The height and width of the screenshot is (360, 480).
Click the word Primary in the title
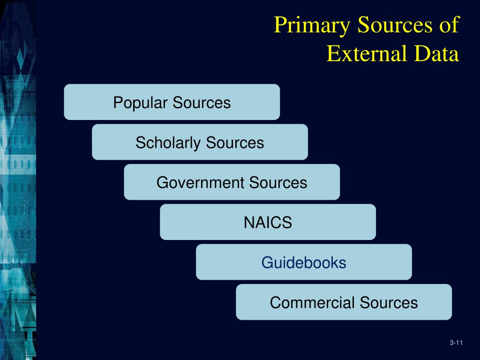pyautogui.click(x=312, y=25)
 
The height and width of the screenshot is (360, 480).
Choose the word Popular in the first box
pyautogui.click(x=141, y=102)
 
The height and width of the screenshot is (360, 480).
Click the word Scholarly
pyautogui.click(x=168, y=142)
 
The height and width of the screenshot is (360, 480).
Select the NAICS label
pyautogui.click(x=268, y=222)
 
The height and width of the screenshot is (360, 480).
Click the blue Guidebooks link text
pyautogui.click(x=304, y=262)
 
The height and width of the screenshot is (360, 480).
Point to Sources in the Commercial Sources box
pyautogui.click(x=389, y=302)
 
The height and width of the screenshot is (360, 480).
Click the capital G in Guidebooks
pyautogui.click(x=266, y=262)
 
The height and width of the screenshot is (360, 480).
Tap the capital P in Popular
pyautogui.click(x=117, y=102)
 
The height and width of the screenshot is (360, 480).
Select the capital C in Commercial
pyautogui.click(x=274, y=302)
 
